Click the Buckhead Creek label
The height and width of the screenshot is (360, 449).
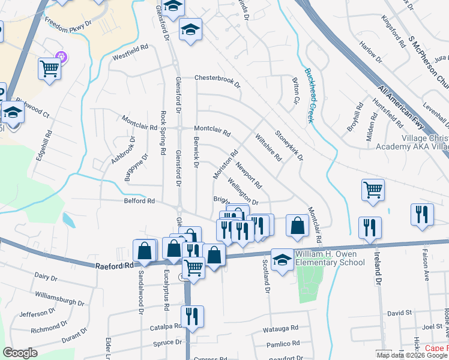click(310, 95)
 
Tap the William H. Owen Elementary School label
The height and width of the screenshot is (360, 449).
click(330, 258)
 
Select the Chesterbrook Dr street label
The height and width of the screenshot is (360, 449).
click(217, 79)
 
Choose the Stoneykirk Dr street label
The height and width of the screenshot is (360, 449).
click(289, 145)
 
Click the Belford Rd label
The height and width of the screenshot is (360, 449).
click(139, 201)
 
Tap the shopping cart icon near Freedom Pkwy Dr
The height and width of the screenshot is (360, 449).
click(50, 68)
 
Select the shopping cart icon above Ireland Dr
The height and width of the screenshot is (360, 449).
click(373, 190)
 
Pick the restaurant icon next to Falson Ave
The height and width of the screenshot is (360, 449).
click(422, 214)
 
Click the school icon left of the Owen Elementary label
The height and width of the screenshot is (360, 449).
click(282, 260)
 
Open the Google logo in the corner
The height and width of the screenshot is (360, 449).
click(20, 353)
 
